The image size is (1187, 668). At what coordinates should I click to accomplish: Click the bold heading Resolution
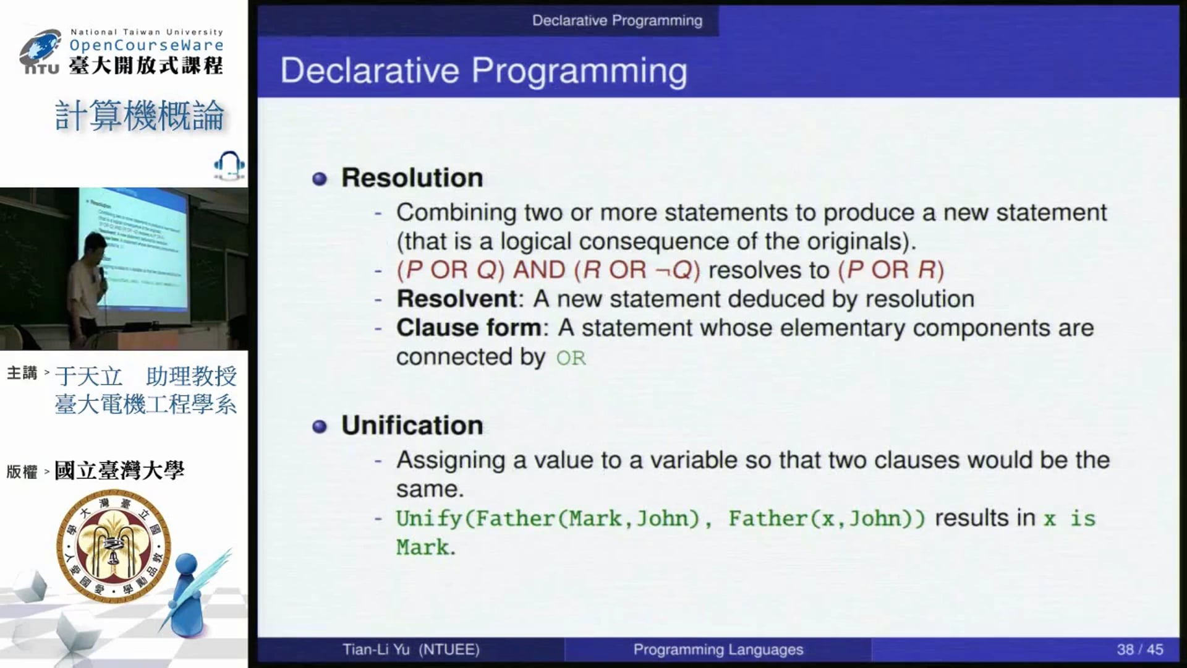[x=412, y=178]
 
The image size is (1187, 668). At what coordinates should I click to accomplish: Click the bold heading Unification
[x=412, y=426]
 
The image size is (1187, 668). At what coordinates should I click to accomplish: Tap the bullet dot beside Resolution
[x=320, y=179]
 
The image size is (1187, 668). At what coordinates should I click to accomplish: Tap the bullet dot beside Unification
[x=320, y=427]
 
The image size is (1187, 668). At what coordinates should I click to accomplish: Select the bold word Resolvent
[x=457, y=299]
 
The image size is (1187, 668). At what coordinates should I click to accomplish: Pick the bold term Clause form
[x=469, y=328]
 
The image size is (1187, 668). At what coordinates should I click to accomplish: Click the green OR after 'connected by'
[x=571, y=358]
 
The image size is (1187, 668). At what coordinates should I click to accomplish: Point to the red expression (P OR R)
[x=891, y=270]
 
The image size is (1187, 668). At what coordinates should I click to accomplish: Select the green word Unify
[x=429, y=518]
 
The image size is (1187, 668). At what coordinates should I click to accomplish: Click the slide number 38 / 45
[x=1139, y=649]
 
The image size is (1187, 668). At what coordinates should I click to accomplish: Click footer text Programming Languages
[x=718, y=650]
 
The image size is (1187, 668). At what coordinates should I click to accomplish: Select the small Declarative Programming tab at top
[x=617, y=20]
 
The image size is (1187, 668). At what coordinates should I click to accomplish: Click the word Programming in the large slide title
[x=579, y=71]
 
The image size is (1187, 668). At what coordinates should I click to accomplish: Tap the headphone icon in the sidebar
[x=229, y=165]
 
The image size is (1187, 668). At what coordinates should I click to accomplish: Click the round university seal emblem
[x=114, y=546]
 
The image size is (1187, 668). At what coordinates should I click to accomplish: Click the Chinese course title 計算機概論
[x=140, y=116]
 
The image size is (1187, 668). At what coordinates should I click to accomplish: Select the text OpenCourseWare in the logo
[x=147, y=45]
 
